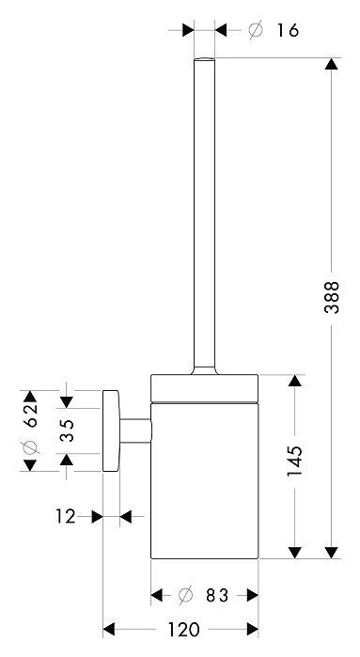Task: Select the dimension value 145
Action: [x=294, y=461]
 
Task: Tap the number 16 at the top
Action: [x=288, y=31]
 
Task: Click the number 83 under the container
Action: [x=218, y=594]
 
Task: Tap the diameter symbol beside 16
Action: [x=255, y=31]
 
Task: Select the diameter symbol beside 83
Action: [x=185, y=594]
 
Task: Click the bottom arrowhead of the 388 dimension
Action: [x=330, y=549]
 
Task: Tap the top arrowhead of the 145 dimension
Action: [x=295, y=383]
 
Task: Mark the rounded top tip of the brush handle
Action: [x=204, y=60]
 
